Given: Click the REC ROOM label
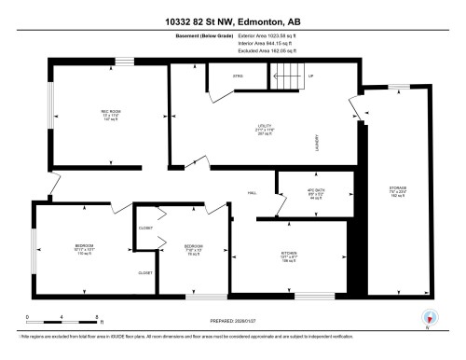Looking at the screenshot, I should click(x=87, y=116).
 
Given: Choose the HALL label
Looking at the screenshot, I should click(x=252, y=193).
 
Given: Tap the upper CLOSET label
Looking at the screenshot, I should click(x=145, y=228).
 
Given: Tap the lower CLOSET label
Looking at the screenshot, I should click(x=145, y=272).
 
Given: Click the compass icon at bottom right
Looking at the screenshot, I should click(x=430, y=318).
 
